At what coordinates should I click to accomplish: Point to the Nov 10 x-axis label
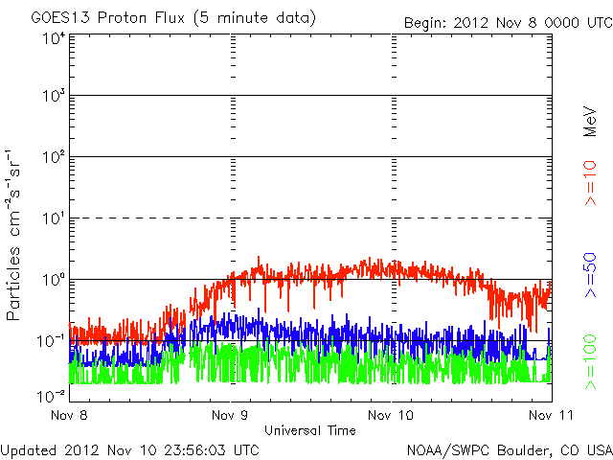[392, 416]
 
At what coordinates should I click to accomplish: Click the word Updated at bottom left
[26, 448]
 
